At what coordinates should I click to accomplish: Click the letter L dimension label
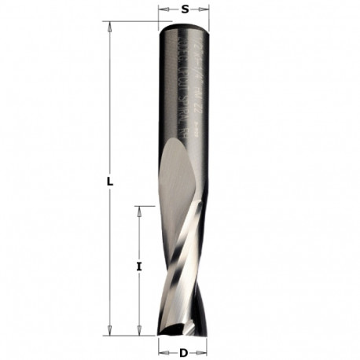click(112, 180)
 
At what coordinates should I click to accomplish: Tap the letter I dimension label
click(138, 266)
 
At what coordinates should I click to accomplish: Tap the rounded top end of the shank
click(184, 26)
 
